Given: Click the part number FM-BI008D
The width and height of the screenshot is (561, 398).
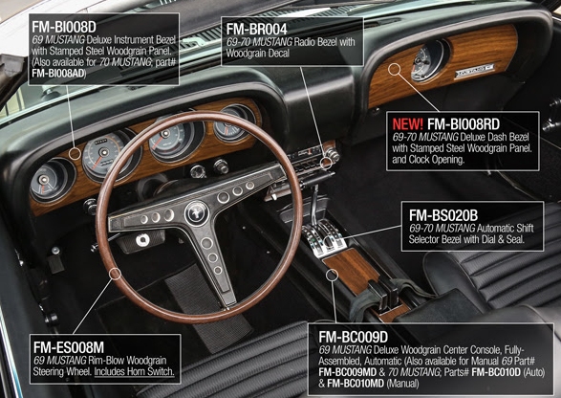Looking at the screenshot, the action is [64, 27].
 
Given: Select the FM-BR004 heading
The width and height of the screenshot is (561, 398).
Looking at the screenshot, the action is [256, 29].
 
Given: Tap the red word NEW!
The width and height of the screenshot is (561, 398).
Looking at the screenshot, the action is [407, 124].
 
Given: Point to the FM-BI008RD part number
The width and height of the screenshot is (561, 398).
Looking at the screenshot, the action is [464, 124].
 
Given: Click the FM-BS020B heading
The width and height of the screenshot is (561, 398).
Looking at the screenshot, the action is [443, 215].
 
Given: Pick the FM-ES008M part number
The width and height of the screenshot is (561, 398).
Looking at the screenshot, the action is [69, 347].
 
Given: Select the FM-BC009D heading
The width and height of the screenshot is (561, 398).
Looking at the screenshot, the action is [353, 337].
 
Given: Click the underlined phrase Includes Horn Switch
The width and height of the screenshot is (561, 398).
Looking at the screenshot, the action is [134, 371].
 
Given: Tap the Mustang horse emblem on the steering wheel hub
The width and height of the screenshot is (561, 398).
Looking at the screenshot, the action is [197, 213].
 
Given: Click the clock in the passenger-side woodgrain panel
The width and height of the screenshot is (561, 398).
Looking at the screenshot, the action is [428, 61].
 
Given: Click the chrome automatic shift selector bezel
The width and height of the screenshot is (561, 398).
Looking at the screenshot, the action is [323, 237].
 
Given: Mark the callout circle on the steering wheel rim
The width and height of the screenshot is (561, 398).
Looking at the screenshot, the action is [116, 274].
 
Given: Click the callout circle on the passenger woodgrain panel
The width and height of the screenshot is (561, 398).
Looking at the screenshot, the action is [395, 69].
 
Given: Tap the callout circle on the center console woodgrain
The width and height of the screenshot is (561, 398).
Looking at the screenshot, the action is [332, 275].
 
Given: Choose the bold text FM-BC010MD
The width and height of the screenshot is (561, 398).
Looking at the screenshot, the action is [356, 384].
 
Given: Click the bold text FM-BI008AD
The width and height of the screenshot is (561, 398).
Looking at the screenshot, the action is [58, 74].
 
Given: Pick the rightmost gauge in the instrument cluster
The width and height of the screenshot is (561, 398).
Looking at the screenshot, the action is [234, 122].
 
